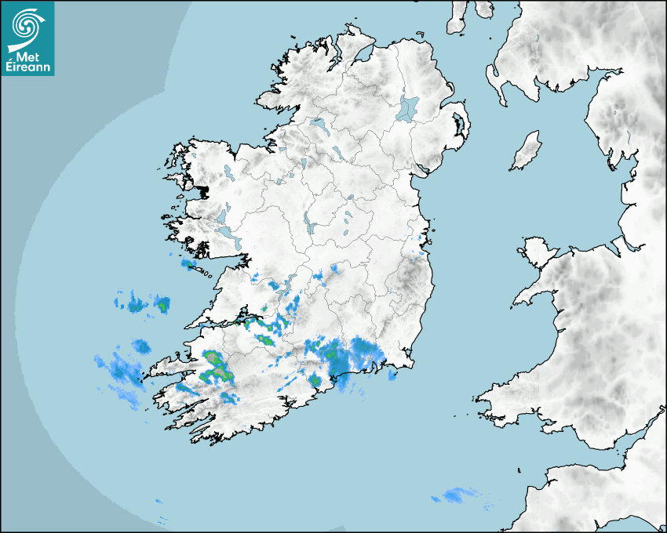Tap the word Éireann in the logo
coord(27,68)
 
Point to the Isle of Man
coord(527,150)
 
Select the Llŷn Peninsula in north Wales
coord(534,295)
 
